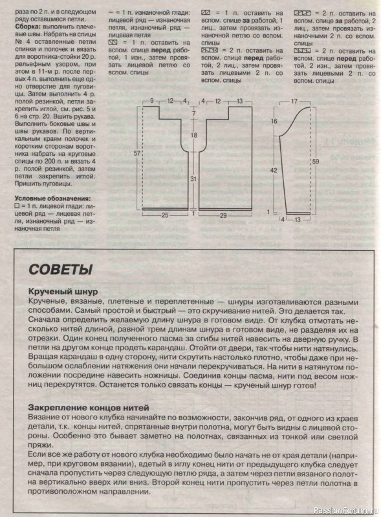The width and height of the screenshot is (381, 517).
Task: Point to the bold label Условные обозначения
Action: [x=54, y=198]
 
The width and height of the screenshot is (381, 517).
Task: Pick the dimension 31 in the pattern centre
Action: [x=193, y=178]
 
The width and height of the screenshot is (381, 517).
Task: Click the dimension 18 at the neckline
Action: [x=193, y=135]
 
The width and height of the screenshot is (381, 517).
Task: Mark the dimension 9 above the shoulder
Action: [x=151, y=101]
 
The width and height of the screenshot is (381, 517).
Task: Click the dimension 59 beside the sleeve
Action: [x=315, y=162]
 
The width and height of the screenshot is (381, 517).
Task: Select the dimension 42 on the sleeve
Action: [x=274, y=170]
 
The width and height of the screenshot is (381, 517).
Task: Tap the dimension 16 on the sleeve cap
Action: [x=274, y=121]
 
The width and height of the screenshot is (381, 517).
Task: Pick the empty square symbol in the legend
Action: [x=17, y=206]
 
